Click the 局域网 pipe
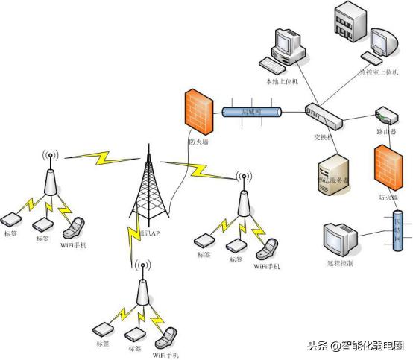252,112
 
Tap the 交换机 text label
323,138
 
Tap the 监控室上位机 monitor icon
382,45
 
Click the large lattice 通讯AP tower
148,190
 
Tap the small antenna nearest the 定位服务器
243,197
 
